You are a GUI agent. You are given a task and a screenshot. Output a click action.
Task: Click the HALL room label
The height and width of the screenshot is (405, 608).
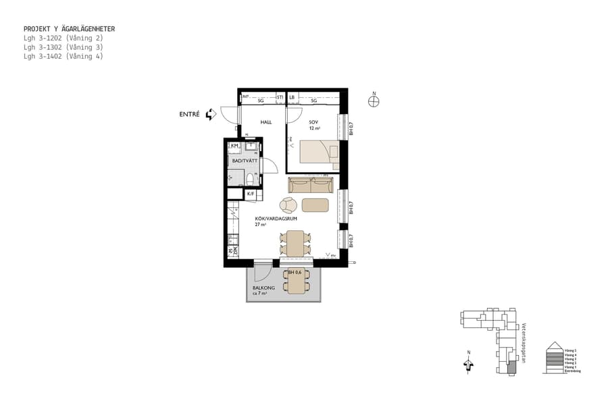[x=247, y=122]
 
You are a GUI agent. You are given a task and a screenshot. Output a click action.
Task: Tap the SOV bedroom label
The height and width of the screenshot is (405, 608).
[x=313, y=122]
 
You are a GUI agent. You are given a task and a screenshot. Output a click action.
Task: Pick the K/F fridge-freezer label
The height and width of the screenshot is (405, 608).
[x=251, y=194]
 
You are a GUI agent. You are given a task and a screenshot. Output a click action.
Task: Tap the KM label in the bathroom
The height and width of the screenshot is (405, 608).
[x=234, y=146]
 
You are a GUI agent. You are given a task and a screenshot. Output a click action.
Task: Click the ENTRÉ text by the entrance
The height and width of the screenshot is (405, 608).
[x=189, y=115]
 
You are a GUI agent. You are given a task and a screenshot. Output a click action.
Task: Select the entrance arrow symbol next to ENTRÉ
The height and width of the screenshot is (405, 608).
[x=211, y=115]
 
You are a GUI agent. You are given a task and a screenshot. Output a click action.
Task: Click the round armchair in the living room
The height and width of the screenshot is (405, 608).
[x=288, y=205]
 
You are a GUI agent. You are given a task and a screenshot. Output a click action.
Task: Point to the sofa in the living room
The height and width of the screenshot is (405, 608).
[x=311, y=185]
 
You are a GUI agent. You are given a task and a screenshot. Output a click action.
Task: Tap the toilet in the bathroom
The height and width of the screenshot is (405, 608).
[x=249, y=179]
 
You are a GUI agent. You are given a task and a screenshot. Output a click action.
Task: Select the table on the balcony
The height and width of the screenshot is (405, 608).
[x=295, y=281]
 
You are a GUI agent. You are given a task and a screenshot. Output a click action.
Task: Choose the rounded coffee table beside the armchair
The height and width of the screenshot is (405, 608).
[x=315, y=205]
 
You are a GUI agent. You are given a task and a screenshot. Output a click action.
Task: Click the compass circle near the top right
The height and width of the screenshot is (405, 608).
[x=374, y=101]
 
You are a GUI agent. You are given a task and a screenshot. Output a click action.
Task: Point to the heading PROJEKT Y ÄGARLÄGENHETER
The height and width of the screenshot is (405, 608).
[x=69, y=29]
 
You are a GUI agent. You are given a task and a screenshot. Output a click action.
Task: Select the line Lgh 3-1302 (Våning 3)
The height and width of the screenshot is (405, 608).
[x=63, y=47]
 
